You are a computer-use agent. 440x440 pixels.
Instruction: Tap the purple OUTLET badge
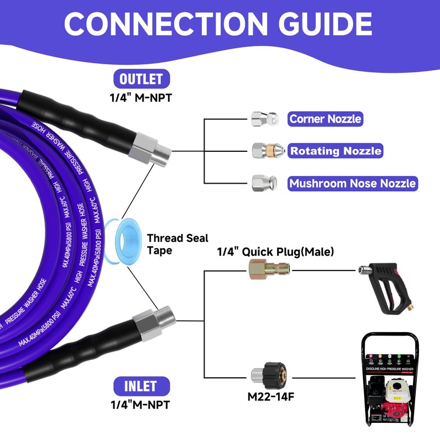coord(141,78)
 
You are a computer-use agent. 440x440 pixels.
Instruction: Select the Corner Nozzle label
coord(325,118)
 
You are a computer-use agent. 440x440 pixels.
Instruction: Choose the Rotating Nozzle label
coord(335,150)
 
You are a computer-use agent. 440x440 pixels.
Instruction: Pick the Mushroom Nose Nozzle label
coord(353,183)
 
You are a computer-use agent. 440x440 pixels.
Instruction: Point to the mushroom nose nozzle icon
coord(260,183)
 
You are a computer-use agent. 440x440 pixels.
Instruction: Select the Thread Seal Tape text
coord(177,244)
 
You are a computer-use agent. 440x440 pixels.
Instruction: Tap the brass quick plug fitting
coord(269,269)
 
